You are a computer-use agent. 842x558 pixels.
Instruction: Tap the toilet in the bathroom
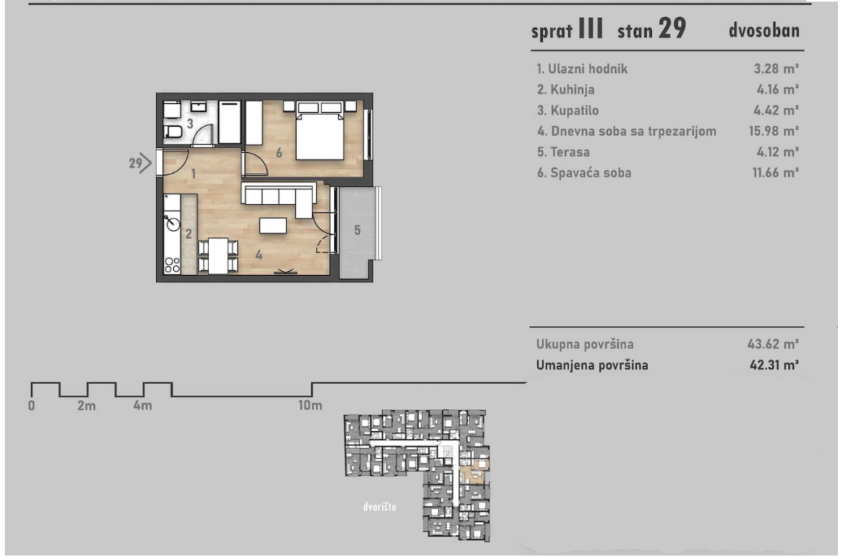[x=173, y=131]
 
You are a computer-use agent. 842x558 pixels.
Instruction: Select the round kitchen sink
[x=172, y=223]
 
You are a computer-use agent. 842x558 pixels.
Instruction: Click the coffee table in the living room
[x=273, y=225]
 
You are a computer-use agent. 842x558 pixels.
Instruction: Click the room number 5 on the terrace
[x=357, y=230]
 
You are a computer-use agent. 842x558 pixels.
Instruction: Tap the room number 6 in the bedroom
[x=280, y=153]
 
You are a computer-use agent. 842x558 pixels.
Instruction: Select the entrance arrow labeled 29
[x=140, y=163]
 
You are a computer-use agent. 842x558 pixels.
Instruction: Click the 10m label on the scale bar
[x=310, y=405]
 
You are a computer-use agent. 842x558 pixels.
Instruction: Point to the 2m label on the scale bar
[x=86, y=405]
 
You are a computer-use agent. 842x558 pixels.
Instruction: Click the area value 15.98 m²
[x=774, y=131]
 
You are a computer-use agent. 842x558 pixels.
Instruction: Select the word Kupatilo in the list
[x=575, y=110]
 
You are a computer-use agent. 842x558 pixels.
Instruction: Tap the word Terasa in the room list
[x=570, y=152]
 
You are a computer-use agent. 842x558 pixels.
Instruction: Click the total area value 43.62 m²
[x=773, y=343]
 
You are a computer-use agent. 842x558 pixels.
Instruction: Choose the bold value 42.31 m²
[x=775, y=365]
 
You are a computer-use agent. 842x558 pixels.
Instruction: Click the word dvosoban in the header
[x=764, y=30]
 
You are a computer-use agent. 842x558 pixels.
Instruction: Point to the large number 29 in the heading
[x=672, y=28]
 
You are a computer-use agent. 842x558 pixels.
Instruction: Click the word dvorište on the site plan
[x=380, y=507]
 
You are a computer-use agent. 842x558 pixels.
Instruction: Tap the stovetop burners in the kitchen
[x=172, y=265]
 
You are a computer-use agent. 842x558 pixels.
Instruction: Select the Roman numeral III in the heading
[x=591, y=28]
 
